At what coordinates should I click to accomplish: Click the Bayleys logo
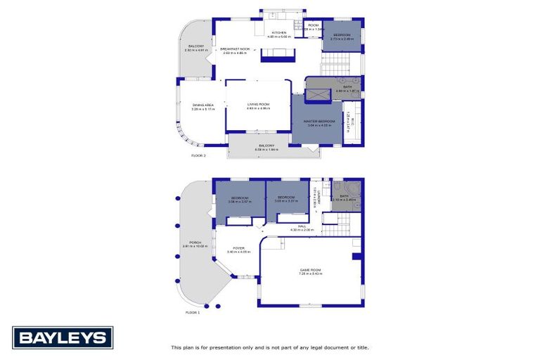coord(63,337)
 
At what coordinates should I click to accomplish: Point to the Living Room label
coord(258,105)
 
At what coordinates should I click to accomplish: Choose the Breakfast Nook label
coord(236,49)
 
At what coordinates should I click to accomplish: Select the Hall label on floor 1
coord(302,226)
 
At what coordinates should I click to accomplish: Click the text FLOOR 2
coord(199,155)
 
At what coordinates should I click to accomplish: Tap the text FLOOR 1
coord(193,312)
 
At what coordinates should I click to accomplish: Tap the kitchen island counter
coord(276,54)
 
